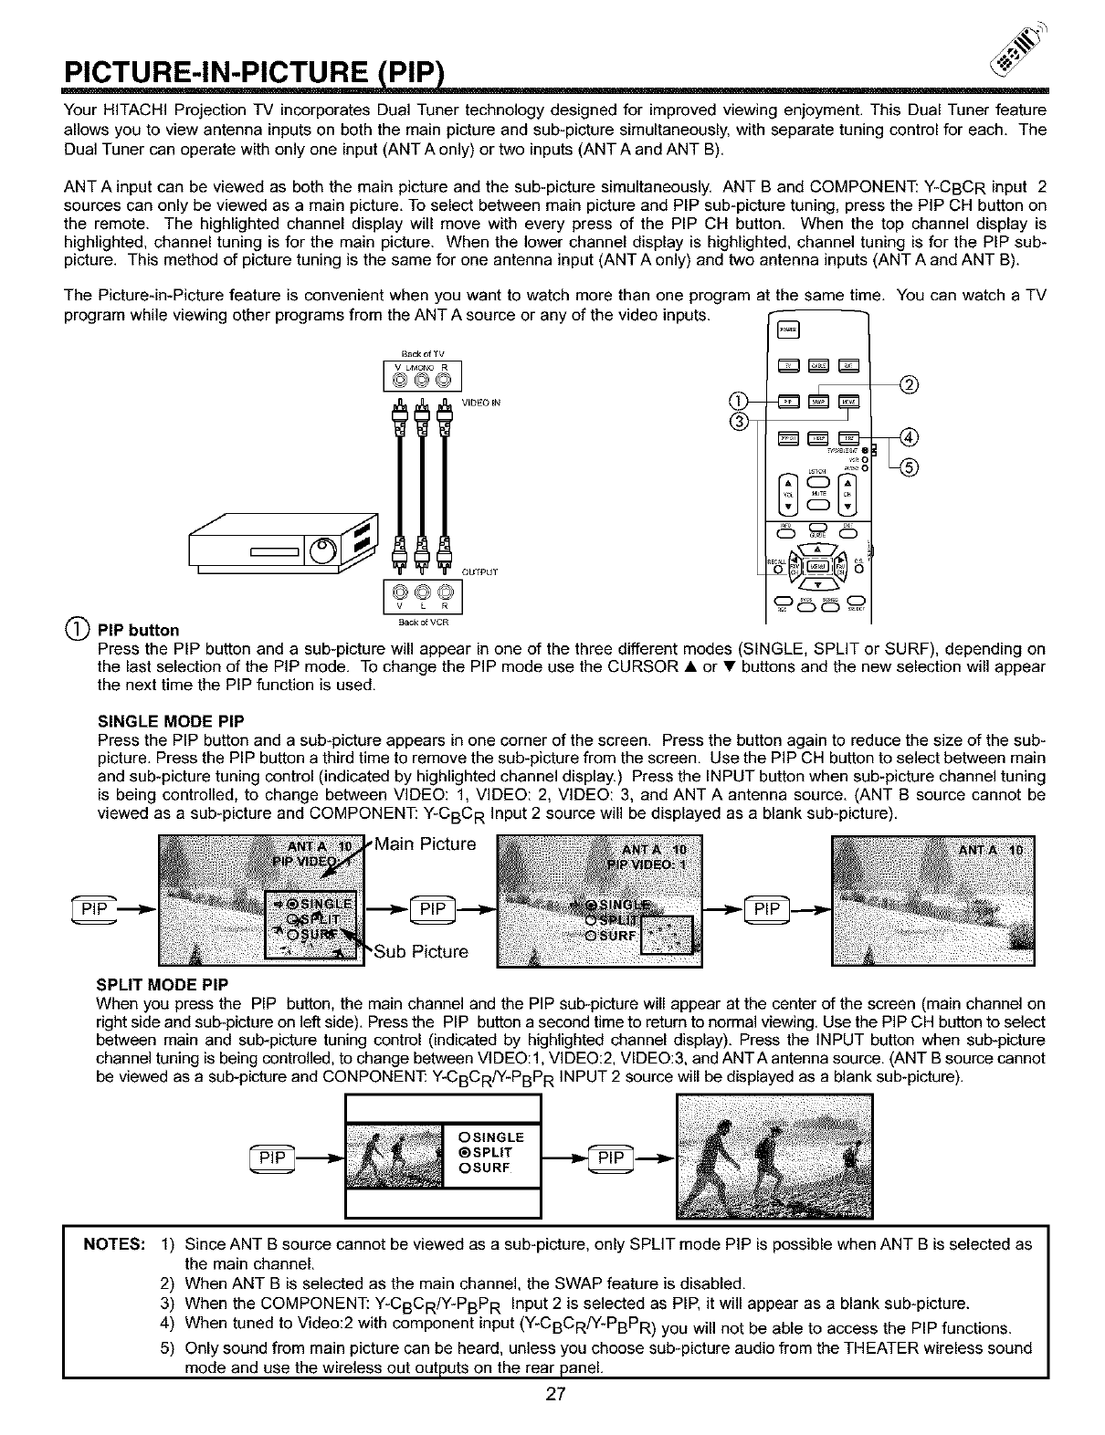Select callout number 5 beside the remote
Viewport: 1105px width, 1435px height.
tap(910, 468)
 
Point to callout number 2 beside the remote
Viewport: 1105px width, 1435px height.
tap(909, 383)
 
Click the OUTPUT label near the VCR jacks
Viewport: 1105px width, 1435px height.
tap(480, 572)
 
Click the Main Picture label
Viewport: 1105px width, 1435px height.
tap(425, 844)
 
